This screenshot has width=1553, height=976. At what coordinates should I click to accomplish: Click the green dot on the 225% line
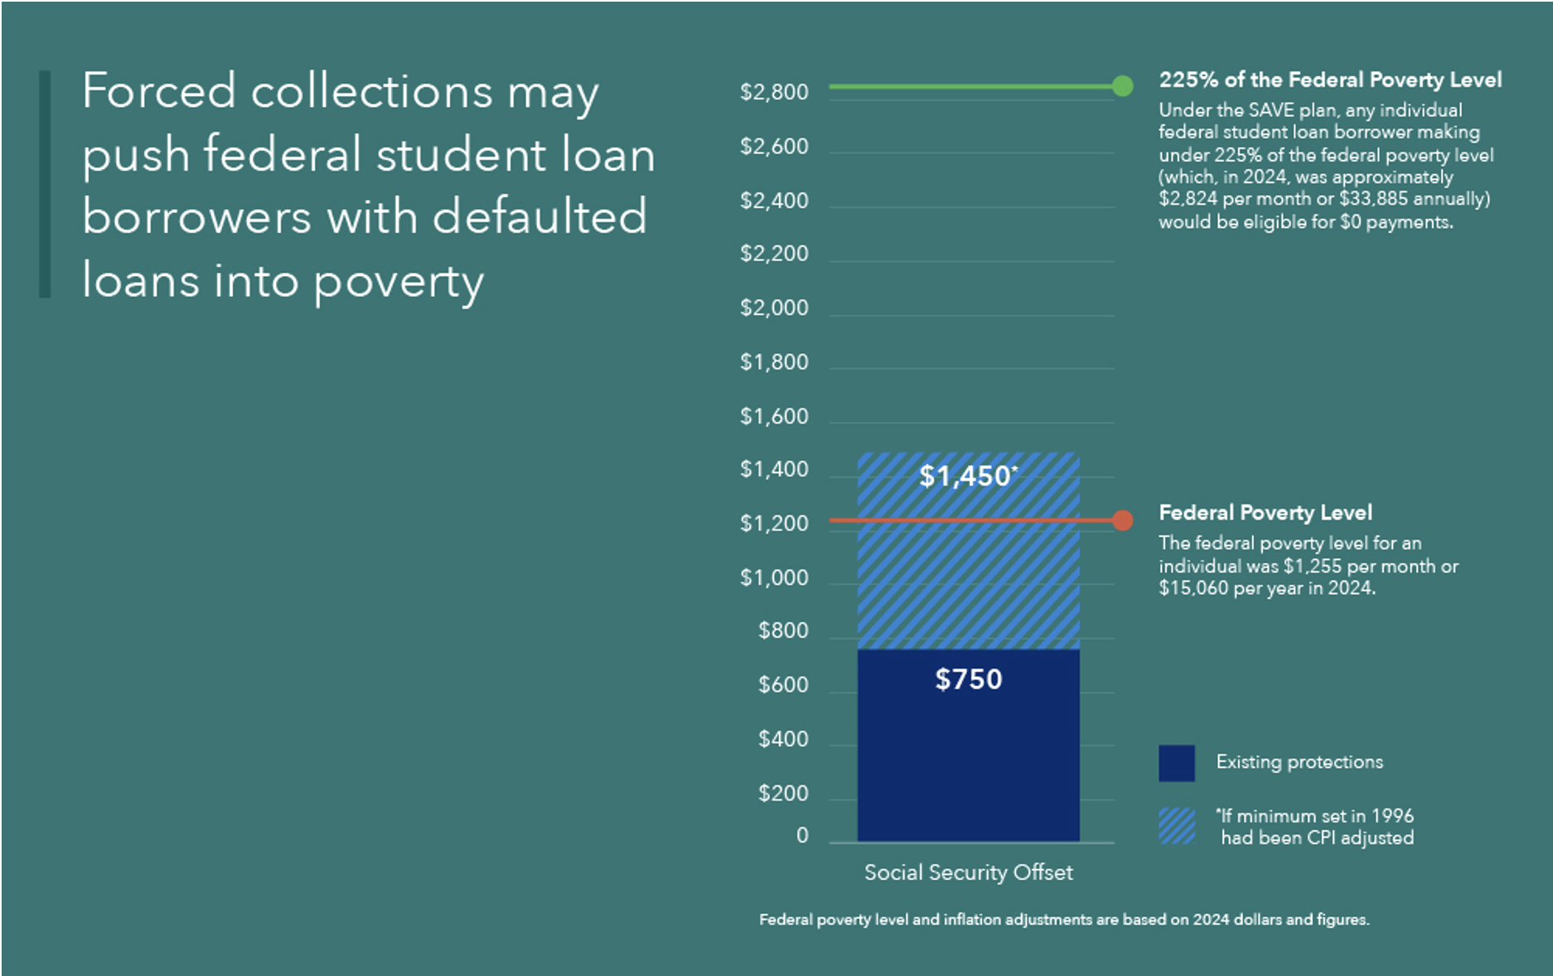[1122, 86]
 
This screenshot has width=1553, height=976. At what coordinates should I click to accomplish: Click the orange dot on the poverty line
[1122, 520]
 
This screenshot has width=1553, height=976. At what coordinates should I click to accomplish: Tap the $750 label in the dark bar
[968, 679]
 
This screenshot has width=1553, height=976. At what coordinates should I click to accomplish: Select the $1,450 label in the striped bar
[966, 476]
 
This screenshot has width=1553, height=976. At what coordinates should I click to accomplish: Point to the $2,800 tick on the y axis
[773, 92]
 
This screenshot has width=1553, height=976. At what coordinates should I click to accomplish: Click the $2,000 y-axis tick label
[773, 308]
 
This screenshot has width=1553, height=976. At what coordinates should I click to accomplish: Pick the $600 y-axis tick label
[782, 685]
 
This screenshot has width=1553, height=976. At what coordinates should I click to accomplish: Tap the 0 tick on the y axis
[802, 835]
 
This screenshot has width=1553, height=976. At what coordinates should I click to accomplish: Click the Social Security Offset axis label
[968, 872]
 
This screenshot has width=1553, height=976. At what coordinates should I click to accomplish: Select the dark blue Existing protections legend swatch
[1176, 762]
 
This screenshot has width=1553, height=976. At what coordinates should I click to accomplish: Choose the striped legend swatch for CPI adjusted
[1176, 826]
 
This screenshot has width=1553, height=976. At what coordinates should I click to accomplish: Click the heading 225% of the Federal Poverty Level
[1329, 80]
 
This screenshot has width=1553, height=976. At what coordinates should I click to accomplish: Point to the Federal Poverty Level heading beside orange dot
[1265, 513]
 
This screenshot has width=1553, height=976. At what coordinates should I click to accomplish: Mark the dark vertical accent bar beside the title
[45, 184]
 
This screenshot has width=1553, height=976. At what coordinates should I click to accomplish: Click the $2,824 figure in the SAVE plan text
[1188, 199]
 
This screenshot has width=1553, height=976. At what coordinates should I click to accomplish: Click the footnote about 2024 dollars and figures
[1063, 920]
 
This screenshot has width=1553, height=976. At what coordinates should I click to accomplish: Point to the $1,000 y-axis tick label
[773, 577]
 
